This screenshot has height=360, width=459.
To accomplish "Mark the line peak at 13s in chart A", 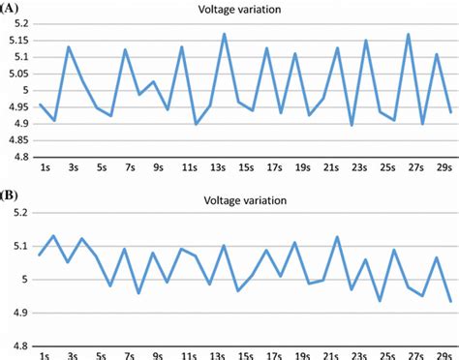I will (225, 34).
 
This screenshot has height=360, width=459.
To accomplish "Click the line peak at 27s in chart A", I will (409, 34).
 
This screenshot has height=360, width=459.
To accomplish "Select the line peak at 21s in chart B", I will (337, 237).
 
